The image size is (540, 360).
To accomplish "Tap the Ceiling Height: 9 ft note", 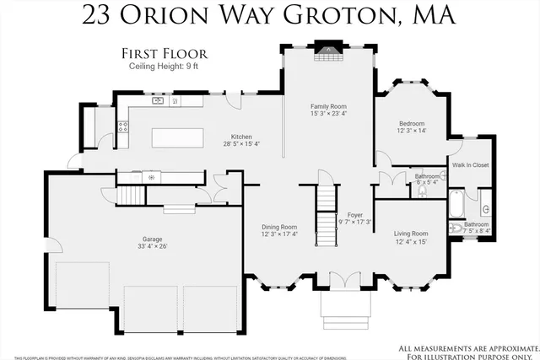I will click(x=165, y=66).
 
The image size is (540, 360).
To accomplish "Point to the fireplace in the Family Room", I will click(x=323, y=50).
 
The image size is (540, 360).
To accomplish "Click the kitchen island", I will click(x=177, y=137).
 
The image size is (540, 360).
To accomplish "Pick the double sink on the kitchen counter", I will click(x=158, y=101).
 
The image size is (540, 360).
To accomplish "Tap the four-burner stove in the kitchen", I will click(x=123, y=128).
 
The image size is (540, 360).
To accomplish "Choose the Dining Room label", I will click(x=278, y=227).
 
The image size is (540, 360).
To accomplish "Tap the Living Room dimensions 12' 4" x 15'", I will click(x=411, y=242).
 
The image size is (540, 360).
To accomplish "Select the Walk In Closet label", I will click(x=471, y=165).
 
